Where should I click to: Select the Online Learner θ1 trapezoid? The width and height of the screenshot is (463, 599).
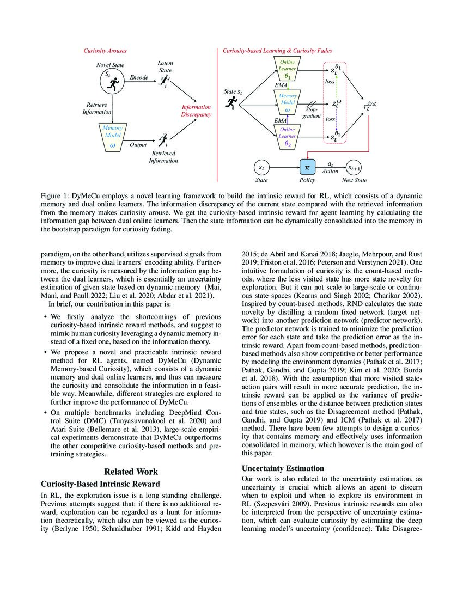[288, 70]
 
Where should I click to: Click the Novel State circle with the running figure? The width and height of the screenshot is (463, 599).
[113, 82]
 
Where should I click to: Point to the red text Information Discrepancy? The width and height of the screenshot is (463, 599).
[196, 111]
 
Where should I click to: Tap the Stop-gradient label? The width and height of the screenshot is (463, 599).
[312, 112]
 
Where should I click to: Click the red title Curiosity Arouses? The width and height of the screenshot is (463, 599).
[105, 51]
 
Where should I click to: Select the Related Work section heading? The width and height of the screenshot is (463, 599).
[131, 472]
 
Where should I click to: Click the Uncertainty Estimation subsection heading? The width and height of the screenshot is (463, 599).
[283, 468]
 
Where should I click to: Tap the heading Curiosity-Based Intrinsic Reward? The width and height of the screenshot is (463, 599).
[100, 484]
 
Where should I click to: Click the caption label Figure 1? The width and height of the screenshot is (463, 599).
[57, 194]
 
